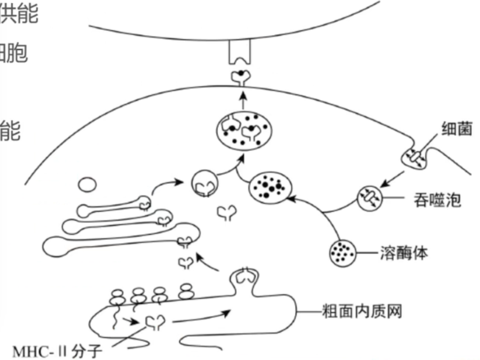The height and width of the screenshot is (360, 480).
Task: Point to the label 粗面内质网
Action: point(362,311)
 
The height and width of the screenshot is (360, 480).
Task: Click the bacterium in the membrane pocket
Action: point(415,157)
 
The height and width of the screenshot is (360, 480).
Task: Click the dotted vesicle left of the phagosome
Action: point(268,188)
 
